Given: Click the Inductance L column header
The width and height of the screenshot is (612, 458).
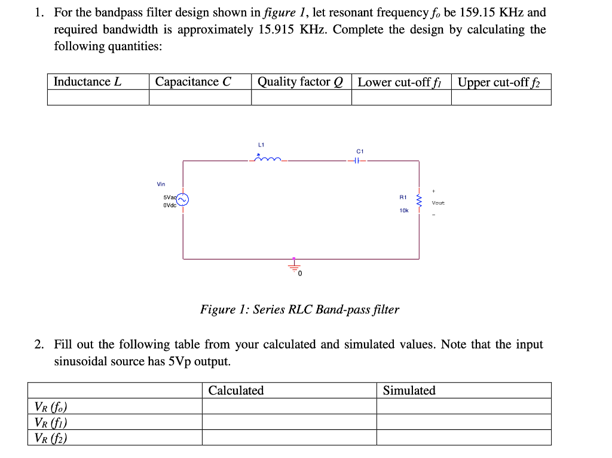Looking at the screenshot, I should pyautogui.click(x=87, y=82).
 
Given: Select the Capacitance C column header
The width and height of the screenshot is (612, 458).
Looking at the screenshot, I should pyautogui.click(x=193, y=82).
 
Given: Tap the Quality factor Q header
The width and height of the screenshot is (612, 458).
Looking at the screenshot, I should pyautogui.click(x=301, y=82).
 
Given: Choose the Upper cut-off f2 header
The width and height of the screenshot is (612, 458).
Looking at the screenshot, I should pyautogui.click(x=498, y=83).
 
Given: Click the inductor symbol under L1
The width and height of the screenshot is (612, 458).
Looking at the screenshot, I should pyautogui.click(x=268, y=159).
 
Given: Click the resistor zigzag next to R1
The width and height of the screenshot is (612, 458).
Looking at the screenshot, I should pyautogui.click(x=419, y=203).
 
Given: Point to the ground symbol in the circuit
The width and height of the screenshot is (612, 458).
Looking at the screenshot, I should pyautogui.click(x=294, y=265).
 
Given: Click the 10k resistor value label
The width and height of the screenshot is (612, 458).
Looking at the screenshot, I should pyautogui.click(x=404, y=210).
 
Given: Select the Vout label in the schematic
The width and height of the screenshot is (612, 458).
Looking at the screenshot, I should pyautogui.click(x=438, y=203).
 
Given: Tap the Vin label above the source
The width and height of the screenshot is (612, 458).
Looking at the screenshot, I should pyautogui.click(x=161, y=184).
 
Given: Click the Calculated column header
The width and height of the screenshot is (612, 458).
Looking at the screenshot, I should pyautogui.click(x=236, y=390).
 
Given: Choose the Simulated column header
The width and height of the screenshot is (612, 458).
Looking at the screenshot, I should pyautogui.click(x=409, y=390).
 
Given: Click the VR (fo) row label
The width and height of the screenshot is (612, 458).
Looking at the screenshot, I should pyautogui.click(x=51, y=407).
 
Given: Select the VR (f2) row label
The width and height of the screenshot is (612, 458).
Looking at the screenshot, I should pyautogui.click(x=51, y=438).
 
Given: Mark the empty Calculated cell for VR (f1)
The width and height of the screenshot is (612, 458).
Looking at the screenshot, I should pyautogui.click(x=289, y=422).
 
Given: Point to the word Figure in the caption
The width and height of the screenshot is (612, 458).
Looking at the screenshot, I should pyautogui.click(x=218, y=310).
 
